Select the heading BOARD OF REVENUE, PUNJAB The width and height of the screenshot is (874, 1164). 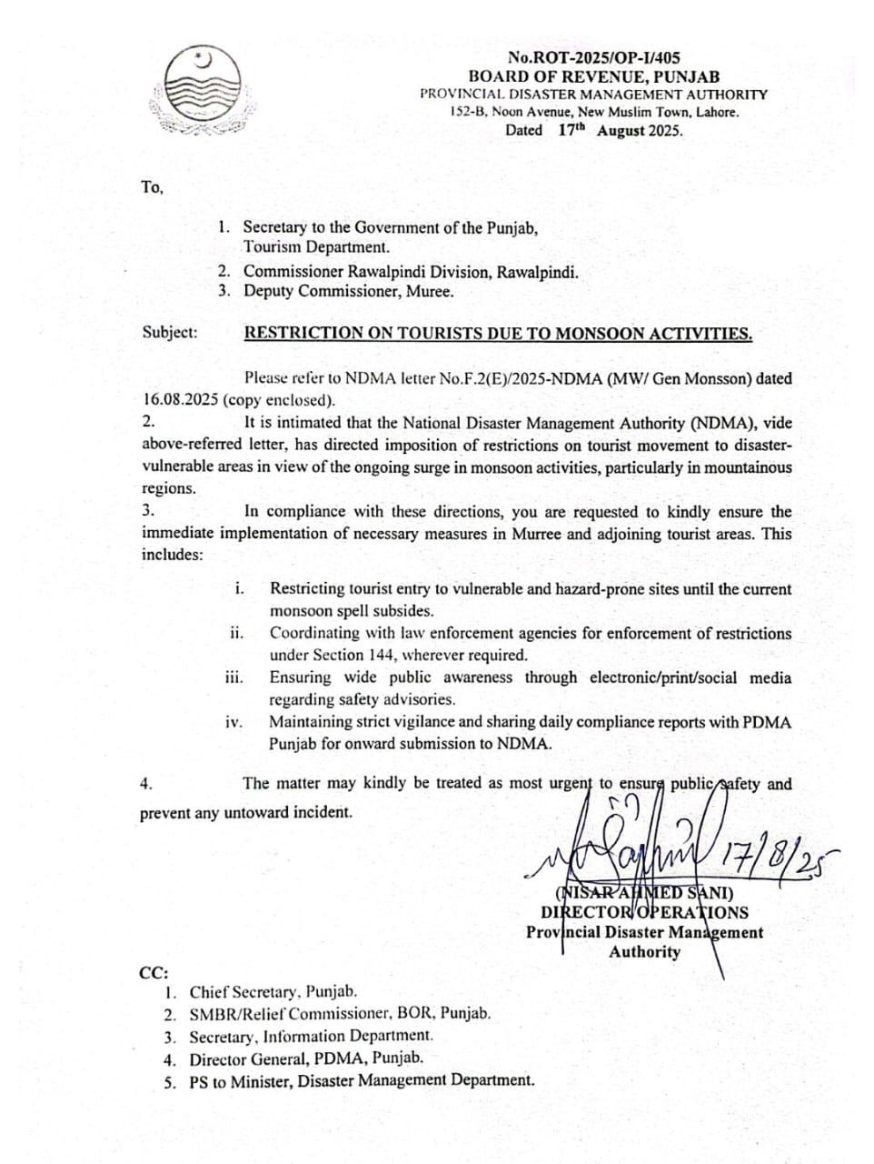tap(593, 76)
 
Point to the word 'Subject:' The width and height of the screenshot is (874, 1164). tap(169, 332)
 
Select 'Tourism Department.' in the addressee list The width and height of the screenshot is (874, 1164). tap(316, 246)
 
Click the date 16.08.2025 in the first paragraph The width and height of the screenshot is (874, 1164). tap(180, 399)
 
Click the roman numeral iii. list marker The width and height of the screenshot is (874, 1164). tap(233, 677)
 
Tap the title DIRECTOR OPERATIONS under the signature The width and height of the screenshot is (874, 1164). tap(644, 912)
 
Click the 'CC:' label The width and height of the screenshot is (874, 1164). tap(154, 972)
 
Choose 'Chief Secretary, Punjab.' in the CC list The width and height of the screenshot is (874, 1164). tap(273, 992)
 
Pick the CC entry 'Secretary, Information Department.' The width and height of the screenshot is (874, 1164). tap(311, 1036)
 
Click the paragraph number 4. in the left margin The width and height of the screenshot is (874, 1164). tap(146, 784)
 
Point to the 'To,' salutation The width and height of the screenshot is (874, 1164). tap(152, 187)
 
